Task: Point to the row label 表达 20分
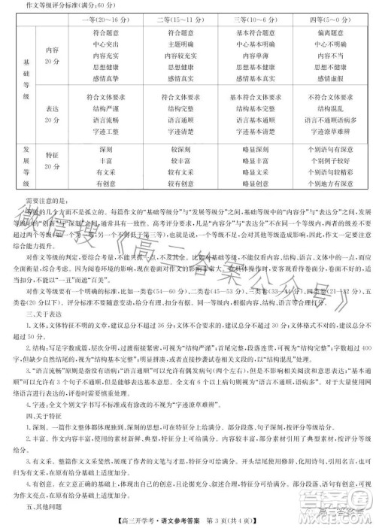tap(52, 113)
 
